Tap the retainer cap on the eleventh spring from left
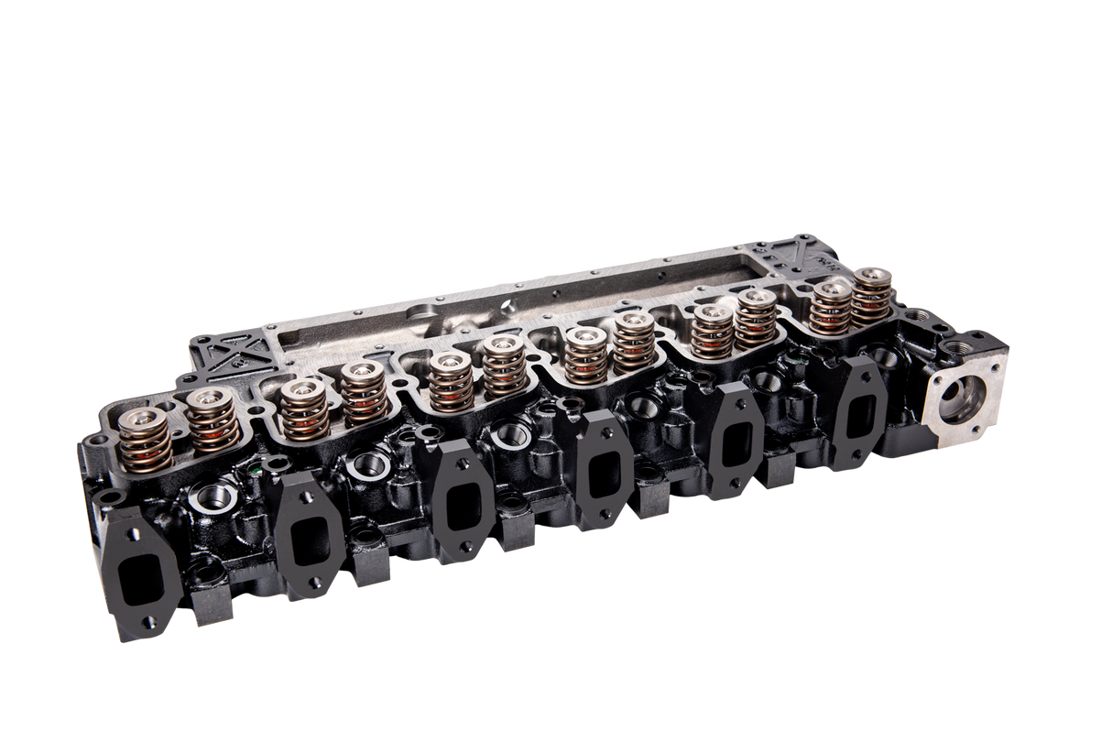[832, 290]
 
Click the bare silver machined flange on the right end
[961, 394]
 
